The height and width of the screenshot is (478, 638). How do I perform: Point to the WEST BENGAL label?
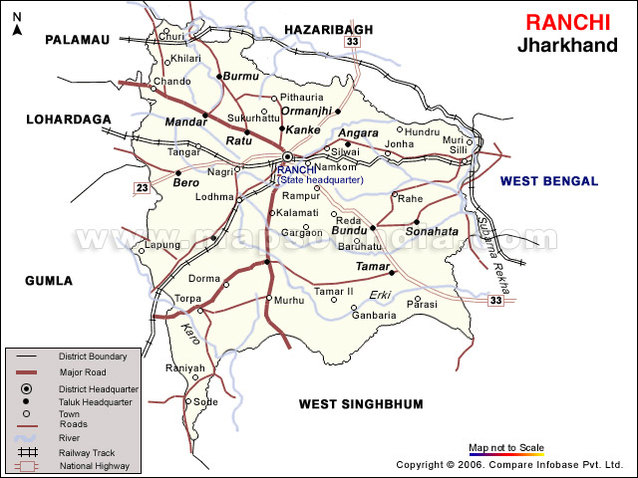click(549, 181)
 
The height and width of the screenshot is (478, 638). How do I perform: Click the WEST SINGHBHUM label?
click(361, 404)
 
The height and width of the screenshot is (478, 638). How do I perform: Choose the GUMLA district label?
click(49, 281)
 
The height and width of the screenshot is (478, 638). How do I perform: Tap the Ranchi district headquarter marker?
click(287, 157)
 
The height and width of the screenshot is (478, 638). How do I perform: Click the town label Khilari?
click(186, 59)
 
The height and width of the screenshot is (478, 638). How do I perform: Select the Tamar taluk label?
click(370, 266)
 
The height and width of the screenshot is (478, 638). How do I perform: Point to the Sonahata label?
click(432, 231)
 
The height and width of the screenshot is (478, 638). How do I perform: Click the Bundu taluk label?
click(349, 230)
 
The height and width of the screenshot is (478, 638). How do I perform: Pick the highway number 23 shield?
click(143, 188)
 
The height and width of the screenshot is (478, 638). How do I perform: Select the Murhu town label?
click(289, 300)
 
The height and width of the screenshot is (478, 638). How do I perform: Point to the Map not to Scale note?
click(506, 447)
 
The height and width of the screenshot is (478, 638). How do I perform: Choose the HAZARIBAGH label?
click(328, 30)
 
